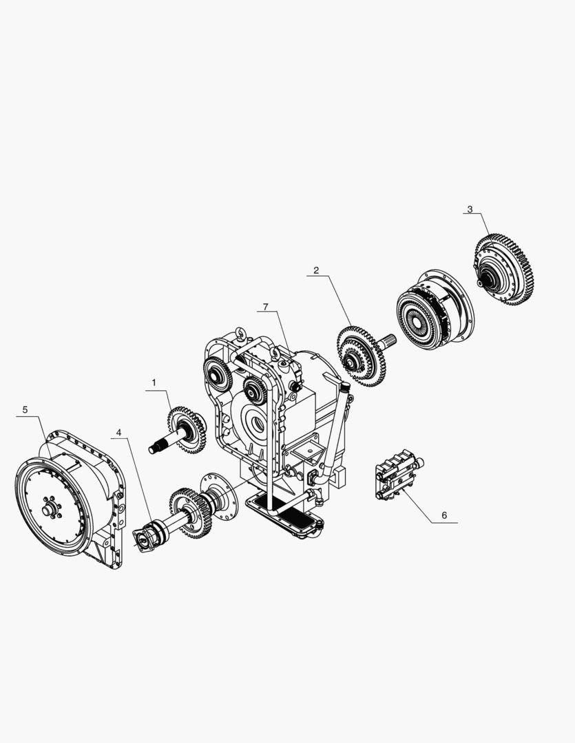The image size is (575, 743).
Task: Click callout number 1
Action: (x=154, y=382)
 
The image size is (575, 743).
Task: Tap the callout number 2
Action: (x=316, y=270)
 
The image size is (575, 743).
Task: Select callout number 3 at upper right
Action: (x=470, y=209)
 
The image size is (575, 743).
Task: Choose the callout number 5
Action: (x=25, y=409)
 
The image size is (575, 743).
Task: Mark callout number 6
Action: (x=444, y=515)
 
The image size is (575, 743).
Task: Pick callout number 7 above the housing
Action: (x=265, y=306)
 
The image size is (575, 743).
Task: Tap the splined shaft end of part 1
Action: (x=156, y=449)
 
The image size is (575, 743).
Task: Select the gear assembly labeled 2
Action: (x=360, y=355)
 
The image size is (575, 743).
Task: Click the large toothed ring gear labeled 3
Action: (x=505, y=269)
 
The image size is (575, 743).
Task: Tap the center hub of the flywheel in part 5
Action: (x=48, y=510)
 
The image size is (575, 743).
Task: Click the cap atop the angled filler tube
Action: (x=344, y=389)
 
